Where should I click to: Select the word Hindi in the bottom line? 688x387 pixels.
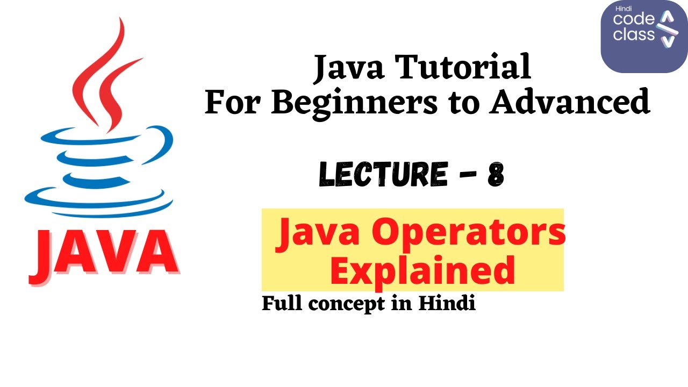coord(447,304)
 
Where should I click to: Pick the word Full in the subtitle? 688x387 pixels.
coord(282,304)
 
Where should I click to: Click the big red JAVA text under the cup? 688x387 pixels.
coord(104,253)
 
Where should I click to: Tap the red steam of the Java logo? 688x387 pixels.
coord(103,75)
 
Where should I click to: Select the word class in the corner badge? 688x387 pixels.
coord(634,35)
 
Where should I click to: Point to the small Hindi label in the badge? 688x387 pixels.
coord(620,9)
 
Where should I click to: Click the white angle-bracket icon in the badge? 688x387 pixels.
coord(667,30)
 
